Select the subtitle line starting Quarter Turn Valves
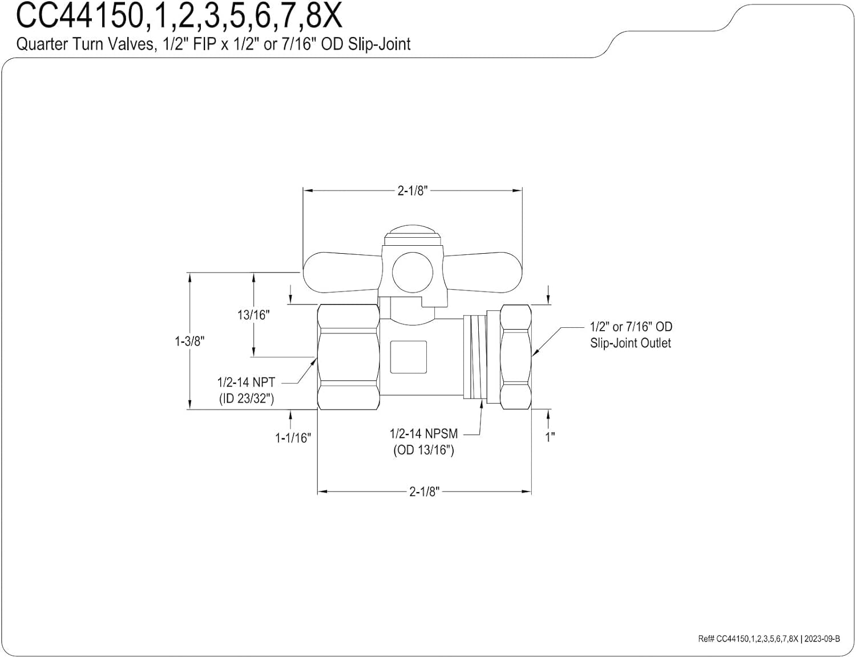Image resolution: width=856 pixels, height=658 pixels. pos(213,44)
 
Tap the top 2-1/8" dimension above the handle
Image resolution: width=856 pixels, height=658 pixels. pos(412,190)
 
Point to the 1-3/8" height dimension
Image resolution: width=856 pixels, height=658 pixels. pos(189,341)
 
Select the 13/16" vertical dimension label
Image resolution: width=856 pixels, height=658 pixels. pos(253,315)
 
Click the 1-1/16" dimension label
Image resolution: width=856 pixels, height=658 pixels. pos(292,438)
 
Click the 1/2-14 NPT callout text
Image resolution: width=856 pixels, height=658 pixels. pos(246,382)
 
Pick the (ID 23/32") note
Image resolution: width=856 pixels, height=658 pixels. pos(246,399)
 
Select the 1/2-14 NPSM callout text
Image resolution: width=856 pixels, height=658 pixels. pos(423,433)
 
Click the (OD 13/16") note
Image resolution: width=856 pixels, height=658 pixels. pos(423,450)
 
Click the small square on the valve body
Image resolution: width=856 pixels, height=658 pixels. pos(407,357)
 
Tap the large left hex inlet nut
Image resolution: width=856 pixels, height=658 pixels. pos(348,357)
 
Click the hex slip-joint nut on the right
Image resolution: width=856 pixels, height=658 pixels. pos(516,357)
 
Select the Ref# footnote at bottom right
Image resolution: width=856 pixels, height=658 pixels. pos(768,639)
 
